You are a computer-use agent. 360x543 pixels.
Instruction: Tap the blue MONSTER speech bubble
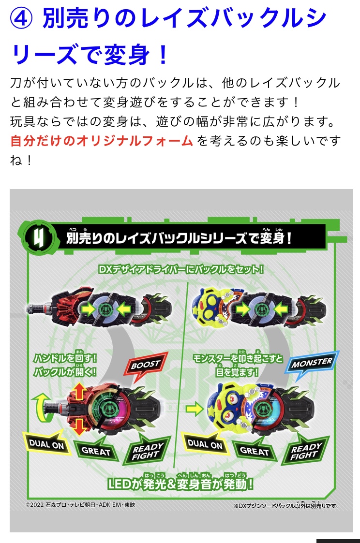pyautogui.click(x=311, y=364)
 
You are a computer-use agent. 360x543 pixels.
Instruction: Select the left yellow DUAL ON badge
pyautogui.click(x=46, y=443)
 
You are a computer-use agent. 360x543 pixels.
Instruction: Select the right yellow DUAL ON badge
pyautogui.click(x=205, y=443)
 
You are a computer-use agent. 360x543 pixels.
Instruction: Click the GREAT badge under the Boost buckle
pyautogui.click(x=96, y=450)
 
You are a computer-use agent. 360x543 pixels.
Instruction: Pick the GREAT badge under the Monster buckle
pyautogui.click(x=255, y=450)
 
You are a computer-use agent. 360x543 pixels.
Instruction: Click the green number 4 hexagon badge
pyautogui.click(x=39, y=238)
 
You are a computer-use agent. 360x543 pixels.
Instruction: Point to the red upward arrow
pyautogui.click(x=79, y=391)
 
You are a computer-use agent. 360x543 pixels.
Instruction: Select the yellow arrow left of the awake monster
pyautogui.click(x=195, y=409)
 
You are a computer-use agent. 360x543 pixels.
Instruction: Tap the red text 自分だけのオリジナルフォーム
pyautogui.click(x=102, y=141)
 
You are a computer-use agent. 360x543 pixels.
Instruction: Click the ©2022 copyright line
pyautogui.click(x=80, y=505)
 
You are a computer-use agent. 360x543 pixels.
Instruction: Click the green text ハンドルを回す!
pyautogui.click(x=65, y=358)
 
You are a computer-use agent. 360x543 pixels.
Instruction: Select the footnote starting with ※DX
pyautogui.click(x=286, y=506)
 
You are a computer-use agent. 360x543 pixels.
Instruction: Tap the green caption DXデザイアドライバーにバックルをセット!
pyautogui.click(x=181, y=269)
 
